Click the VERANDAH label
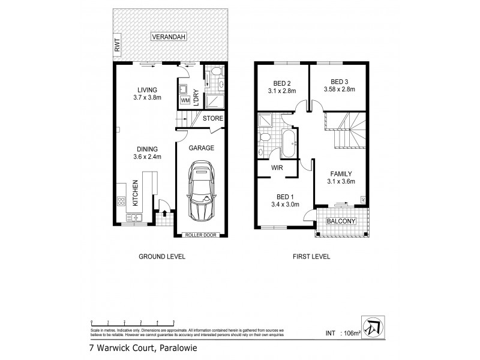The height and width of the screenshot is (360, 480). [x=169, y=37]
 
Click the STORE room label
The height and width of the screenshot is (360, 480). [x=212, y=119]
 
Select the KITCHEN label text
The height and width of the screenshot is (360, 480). [x=136, y=193]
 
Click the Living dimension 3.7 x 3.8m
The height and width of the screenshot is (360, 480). [x=147, y=98]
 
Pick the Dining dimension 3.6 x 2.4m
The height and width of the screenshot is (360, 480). [x=147, y=157]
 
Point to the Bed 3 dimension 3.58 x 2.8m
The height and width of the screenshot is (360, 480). [x=339, y=90]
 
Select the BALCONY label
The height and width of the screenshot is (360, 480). [x=341, y=221]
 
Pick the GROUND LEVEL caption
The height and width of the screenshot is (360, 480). [x=162, y=257]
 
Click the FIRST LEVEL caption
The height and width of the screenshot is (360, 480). [x=311, y=257]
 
